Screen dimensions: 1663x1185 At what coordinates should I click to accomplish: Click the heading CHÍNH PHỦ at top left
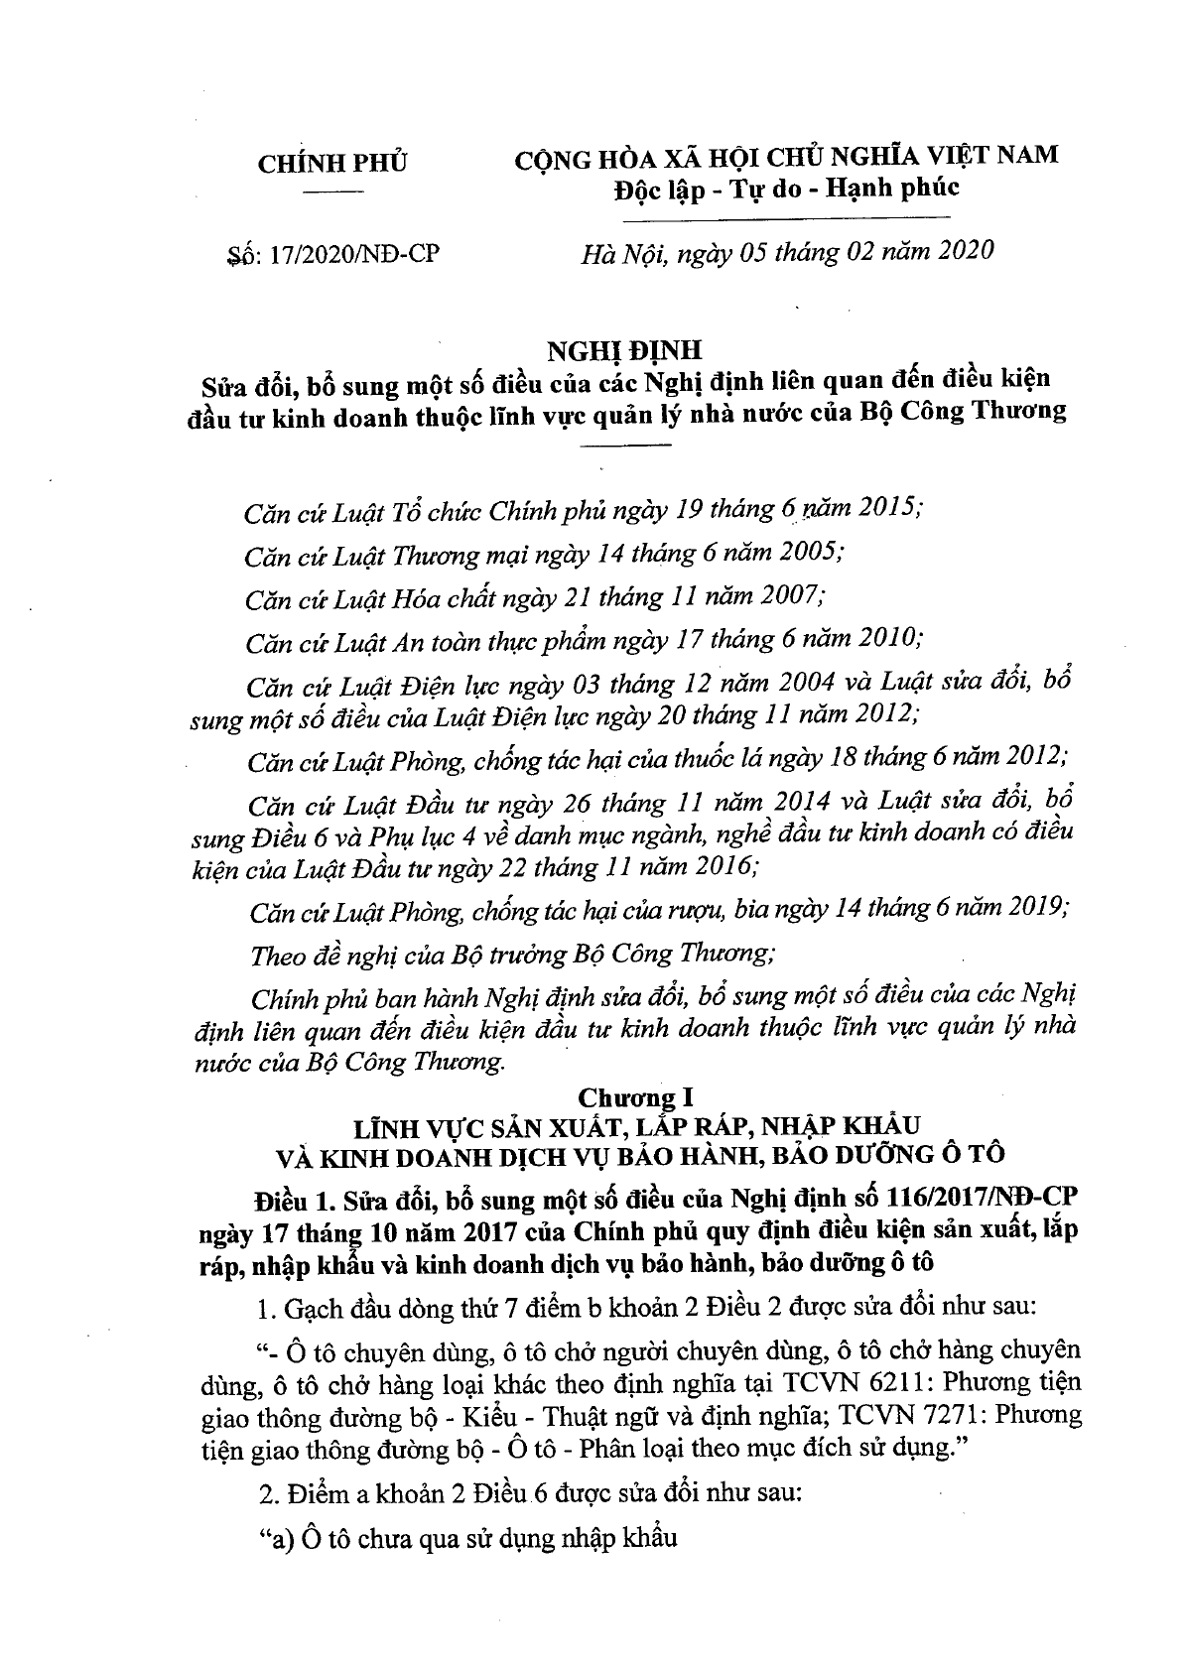(332, 164)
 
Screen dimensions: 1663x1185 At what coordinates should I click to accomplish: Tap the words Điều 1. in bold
(291, 1201)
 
